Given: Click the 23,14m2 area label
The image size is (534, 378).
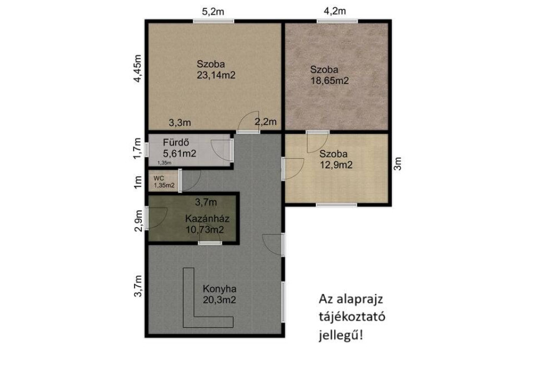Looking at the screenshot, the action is pyautogui.click(x=216, y=75).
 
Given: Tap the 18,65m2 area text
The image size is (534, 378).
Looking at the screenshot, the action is pyautogui.click(x=330, y=81).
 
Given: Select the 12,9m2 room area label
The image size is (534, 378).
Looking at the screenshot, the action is pyautogui.click(x=336, y=165).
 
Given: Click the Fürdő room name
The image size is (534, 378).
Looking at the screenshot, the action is pyautogui.click(x=176, y=142).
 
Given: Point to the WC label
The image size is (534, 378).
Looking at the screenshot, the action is pyautogui.click(x=159, y=178).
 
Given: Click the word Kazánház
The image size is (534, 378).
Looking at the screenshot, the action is pyautogui.click(x=207, y=218).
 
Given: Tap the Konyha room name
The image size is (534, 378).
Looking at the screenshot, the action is pyautogui.click(x=220, y=289).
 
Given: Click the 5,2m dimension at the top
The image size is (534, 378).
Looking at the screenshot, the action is pyautogui.click(x=213, y=11).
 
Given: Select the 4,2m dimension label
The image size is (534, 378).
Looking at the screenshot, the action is pyautogui.click(x=335, y=11).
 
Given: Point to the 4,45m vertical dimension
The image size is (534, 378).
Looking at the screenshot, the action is pyautogui.click(x=137, y=68).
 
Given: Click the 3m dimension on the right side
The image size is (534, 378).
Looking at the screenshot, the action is pyautogui.click(x=397, y=163).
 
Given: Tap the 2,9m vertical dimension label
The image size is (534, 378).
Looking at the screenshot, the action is pyautogui.click(x=138, y=221).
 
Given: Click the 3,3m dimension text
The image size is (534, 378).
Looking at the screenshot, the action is pyautogui.click(x=180, y=123).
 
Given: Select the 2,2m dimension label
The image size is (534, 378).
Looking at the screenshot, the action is pyautogui.click(x=265, y=122).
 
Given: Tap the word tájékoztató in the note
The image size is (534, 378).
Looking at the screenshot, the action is pyautogui.click(x=352, y=317).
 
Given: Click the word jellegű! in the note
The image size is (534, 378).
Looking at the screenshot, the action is pyautogui.click(x=341, y=335).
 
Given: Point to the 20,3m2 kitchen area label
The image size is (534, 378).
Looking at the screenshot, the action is pyautogui.click(x=220, y=300).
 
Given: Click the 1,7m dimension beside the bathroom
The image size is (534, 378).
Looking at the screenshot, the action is pyautogui.click(x=137, y=148).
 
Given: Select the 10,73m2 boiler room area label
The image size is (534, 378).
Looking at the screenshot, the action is pyautogui.click(x=204, y=229).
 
